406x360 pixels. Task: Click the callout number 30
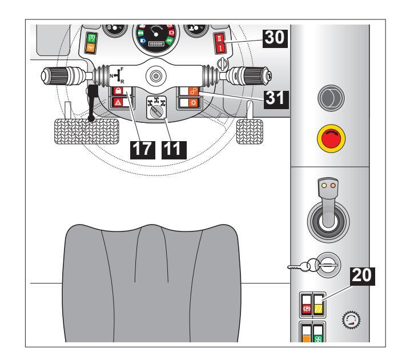(275, 38)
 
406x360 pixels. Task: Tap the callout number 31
(276, 99)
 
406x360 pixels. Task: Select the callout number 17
(143, 150)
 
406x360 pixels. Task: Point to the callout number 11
(174, 150)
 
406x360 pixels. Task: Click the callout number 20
(363, 276)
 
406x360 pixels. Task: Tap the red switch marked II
(220, 39)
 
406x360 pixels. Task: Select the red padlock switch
(118, 91)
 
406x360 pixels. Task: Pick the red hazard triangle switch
(118, 102)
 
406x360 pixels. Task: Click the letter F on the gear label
(122, 69)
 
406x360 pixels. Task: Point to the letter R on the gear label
(122, 82)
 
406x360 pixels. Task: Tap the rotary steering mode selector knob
(157, 111)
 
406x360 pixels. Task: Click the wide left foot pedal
(87, 131)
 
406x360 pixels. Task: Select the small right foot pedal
(250, 131)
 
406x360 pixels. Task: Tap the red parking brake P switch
(306, 309)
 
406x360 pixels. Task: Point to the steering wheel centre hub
(155, 76)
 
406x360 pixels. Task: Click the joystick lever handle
(328, 203)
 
